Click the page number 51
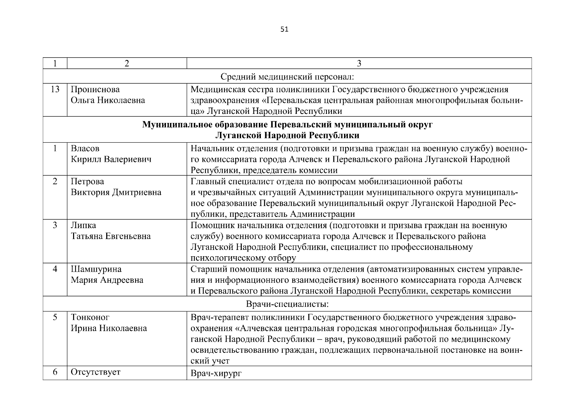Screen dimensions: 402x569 click(x=284, y=29)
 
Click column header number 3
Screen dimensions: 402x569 click(x=359, y=63)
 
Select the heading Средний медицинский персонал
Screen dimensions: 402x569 click(x=287, y=77)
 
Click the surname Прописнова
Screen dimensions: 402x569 click(x=95, y=89)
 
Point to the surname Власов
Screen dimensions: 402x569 click(x=85, y=148)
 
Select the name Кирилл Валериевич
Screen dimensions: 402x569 click(x=111, y=159)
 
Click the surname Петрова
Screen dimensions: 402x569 click(x=88, y=182)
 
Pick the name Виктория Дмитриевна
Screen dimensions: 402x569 click(x=116, y=192)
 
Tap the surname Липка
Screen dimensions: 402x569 click(x=83, y=225)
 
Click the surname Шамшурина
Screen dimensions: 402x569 click(x=96, y=269)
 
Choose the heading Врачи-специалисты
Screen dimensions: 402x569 click(x=287, y=304)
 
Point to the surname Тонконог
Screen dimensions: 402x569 click(x=90, y=317)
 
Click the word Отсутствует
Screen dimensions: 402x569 click(x=96, y=372)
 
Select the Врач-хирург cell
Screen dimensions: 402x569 click(x=216, y=373)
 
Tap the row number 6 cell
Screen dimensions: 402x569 click(x=55, y=372)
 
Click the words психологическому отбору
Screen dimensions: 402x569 click(x=243, y=258)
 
